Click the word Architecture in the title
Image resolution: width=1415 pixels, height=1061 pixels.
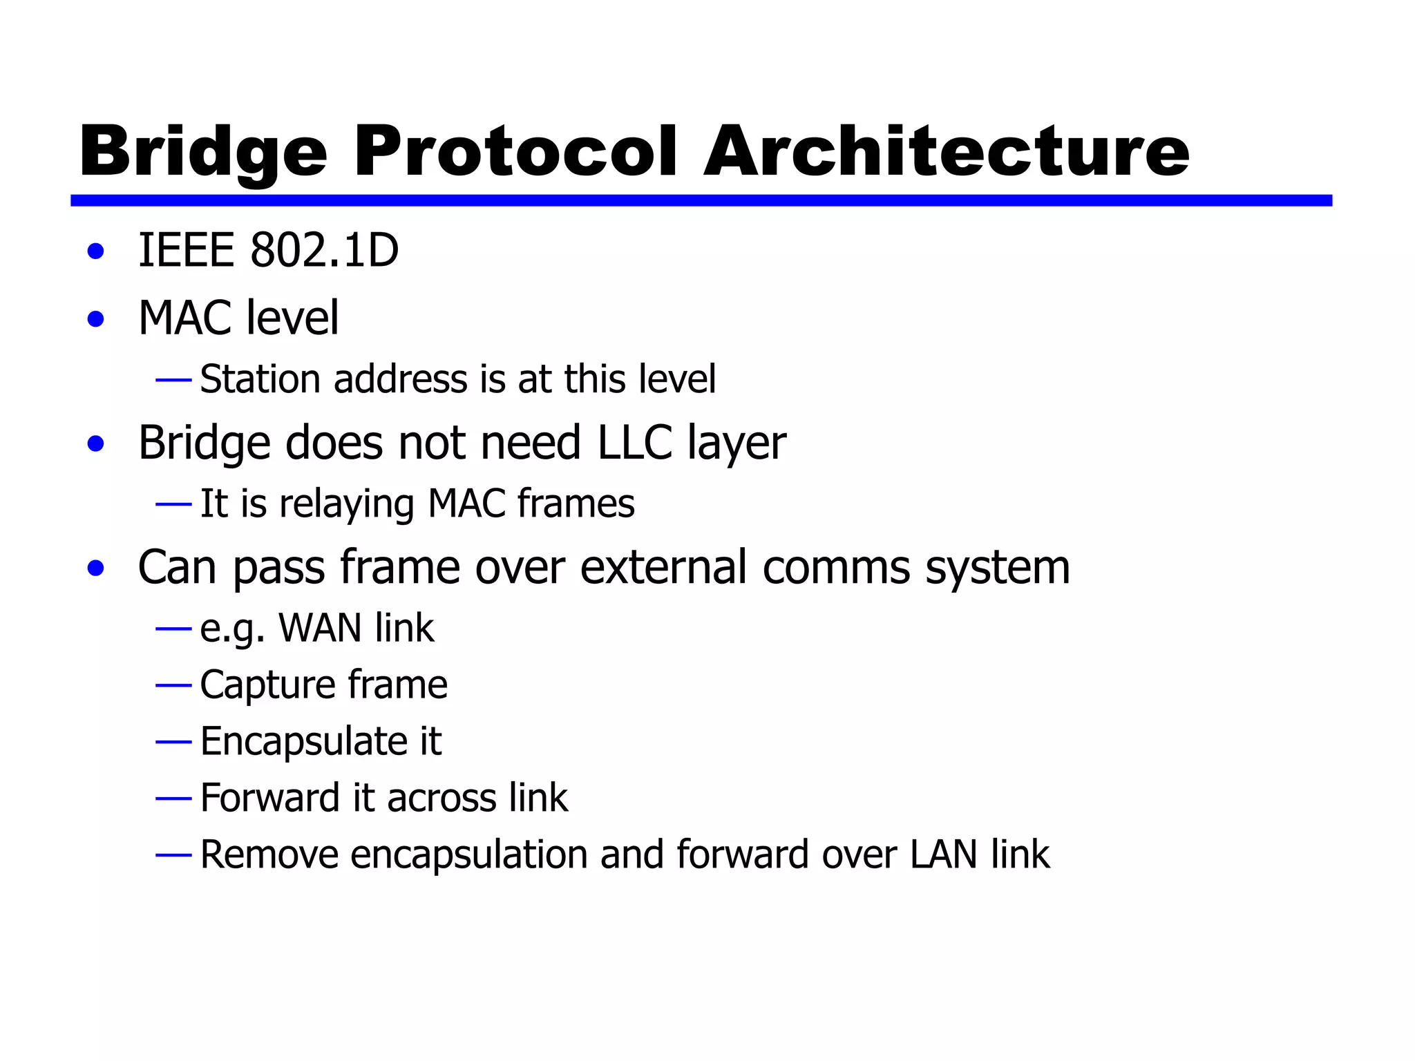pos(947,152)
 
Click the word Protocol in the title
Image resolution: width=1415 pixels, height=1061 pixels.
pos(515,152)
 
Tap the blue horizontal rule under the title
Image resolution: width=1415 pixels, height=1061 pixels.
pos(701,200)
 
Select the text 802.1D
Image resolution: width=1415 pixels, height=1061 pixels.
pos(324,250)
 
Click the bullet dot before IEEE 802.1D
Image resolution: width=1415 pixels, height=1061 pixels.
pos(96,251)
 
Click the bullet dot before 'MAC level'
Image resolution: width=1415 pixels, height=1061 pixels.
pos(96,319)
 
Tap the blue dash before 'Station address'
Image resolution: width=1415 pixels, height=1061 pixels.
pos(173,379)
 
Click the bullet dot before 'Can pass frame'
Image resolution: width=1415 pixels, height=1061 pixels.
pos(96,568)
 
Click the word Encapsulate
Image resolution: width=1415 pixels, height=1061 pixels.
pos(304,742)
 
